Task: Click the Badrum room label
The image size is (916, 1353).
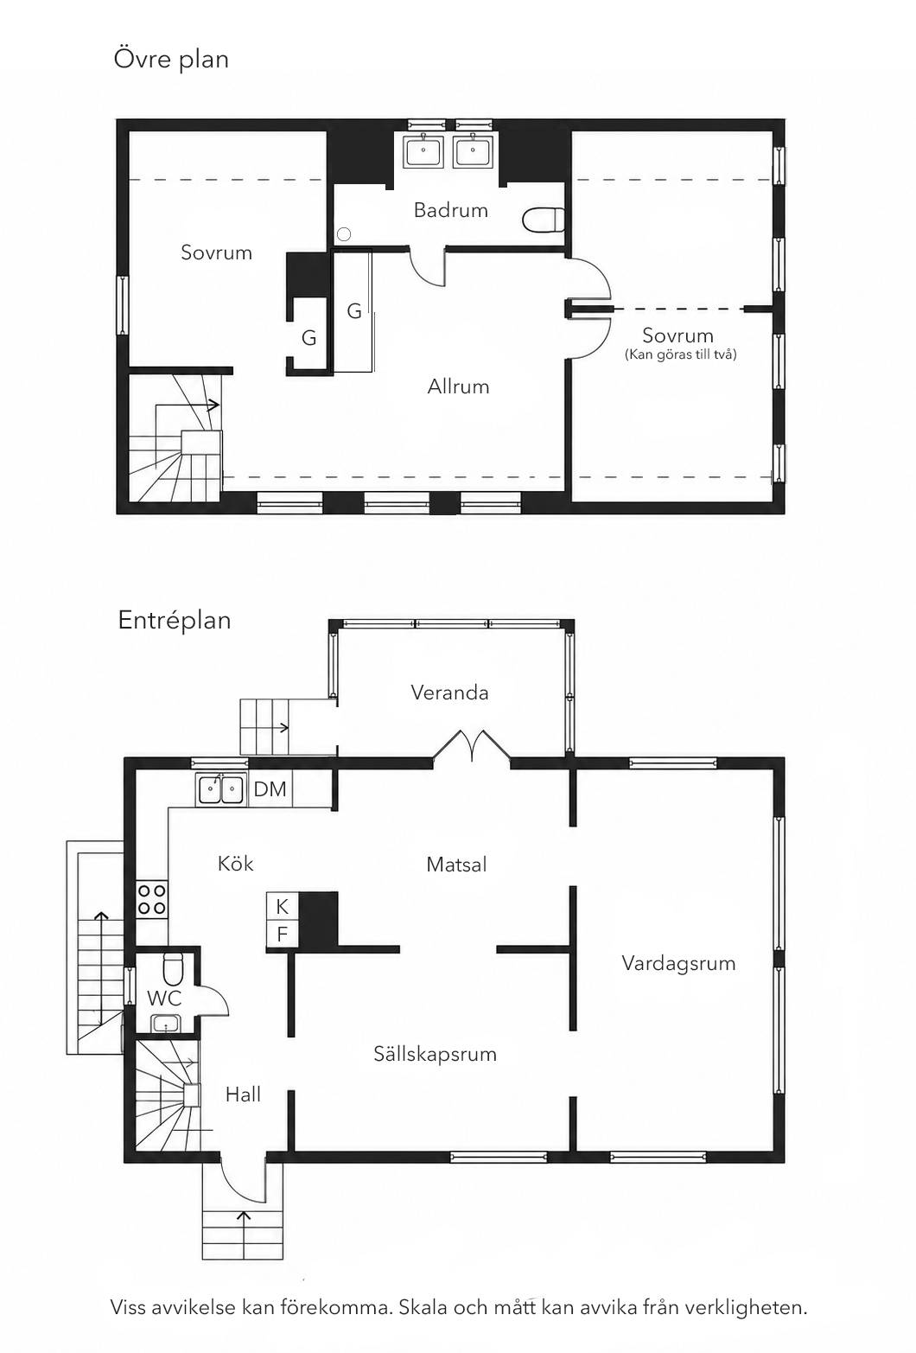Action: pyautogui.click(x=450, y=210)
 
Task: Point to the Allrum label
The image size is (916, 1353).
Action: pyautogui.click(x=458, y=386)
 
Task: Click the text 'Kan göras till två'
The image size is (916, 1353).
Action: pyautogui.click(x=680, y=354)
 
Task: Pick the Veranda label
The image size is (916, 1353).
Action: pyautogui.click(x=449, y=692)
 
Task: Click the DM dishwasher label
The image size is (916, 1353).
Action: pyautogui.click(x=270, y=788)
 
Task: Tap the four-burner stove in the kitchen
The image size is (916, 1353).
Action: pyautogui.click(x=151, y=900)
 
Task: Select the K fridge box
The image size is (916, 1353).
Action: pyautogui.click(x=283, y=906)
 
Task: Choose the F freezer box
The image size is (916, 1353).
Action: pyautogui.click(x=283, y=934)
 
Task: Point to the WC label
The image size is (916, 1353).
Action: pyautogui.click(x=163, y=998)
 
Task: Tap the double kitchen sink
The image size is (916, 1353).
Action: pyautogui.click(x=220, y=789)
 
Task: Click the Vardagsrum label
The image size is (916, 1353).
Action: pyautogui.click(x=678, y=963)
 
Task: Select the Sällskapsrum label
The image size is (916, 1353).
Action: pyautogui.click(x=435, y=1054)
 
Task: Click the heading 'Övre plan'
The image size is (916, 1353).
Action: pyautogui.click(x=171, y=59)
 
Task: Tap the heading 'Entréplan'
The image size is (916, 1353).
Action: pyautogui.click(x=175, y=621)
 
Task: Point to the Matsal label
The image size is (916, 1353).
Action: pyautogui.click(x=456, y=865)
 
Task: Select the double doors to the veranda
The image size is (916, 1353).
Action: pyautogui.click(x=472, y=744)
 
